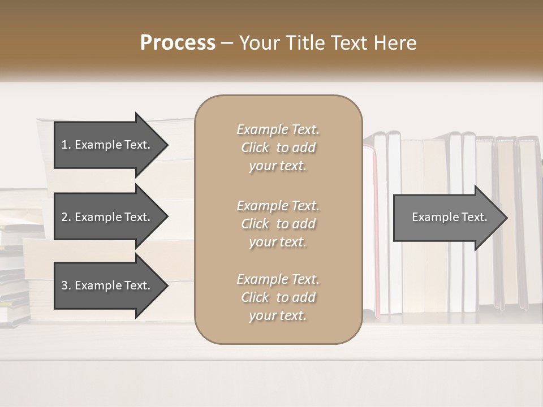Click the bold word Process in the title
pyautogui.click(x=178, y=43)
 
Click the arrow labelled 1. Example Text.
pyautogui.click(x=107, y=145)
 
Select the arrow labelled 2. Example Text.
pyautogui.click(x=107, y=217)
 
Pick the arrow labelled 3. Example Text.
pyautogui.click(x=107, y=285)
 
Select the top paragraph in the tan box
pyautogui.click(x=278, y=148)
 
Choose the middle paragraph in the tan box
pyautogui.click(x=278, y=224)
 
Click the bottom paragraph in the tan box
pyautogui.click(x=278, y=297)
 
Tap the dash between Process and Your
pyautogui.click(x=227, y=43)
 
